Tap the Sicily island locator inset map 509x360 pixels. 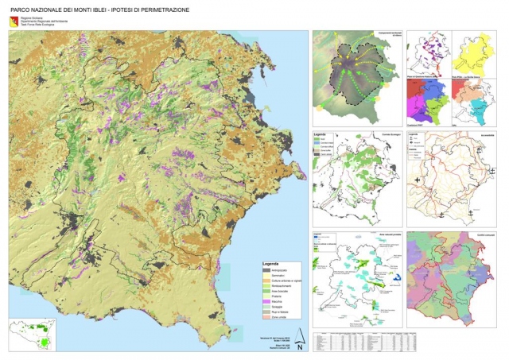point(33,334)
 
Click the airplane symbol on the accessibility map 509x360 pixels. point(417,181)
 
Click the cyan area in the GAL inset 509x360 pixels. point(479,101)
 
